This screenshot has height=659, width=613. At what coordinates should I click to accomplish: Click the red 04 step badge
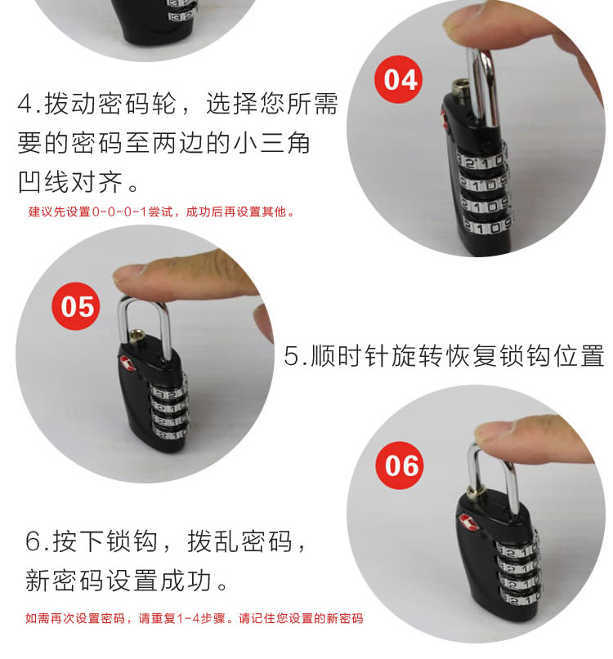[x=398, y=79]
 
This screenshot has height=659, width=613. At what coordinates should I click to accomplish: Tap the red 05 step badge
[x=76, y=306]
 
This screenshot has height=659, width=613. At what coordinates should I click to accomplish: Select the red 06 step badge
[x=400, y=465]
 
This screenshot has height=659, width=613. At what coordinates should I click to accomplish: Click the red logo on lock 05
[x=128, y=363]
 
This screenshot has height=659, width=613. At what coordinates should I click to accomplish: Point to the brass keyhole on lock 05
[x=136, y=337]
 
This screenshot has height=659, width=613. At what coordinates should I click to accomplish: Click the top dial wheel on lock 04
[x=481, y=160]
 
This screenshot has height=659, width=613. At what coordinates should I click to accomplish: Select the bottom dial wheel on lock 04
[x=487, y=227]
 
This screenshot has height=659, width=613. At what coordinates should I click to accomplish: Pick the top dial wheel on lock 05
[x=168, y=394]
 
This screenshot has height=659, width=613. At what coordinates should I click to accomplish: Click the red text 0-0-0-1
[x=119, y=212]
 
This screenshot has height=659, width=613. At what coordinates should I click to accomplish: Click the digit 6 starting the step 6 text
[x=33, y=541]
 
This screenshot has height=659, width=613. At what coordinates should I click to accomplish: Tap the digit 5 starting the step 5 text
[x=291, y=356]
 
